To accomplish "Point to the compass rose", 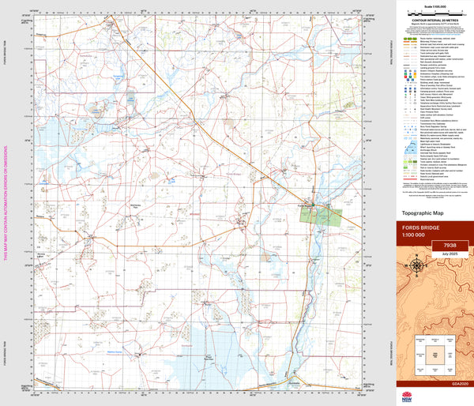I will pyautogui.click(x=416, y=269).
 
